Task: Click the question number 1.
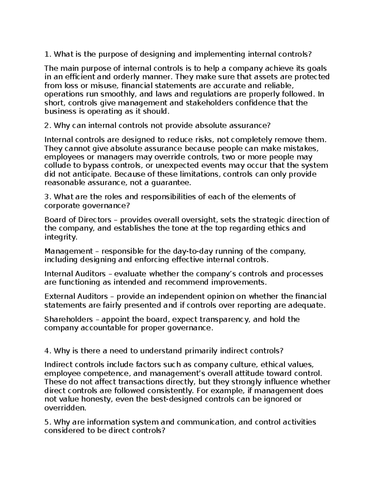(47, 55)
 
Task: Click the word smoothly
(116, 94)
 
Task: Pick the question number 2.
(47, 126)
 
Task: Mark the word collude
(57, 166)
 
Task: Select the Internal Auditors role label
(75, 274)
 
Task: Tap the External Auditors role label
(76, 297)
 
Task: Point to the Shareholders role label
(69, 320)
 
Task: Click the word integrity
(60, 237)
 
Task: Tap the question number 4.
(47, 351)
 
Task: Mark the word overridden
(65, 408)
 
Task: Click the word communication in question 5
(202, 422)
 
